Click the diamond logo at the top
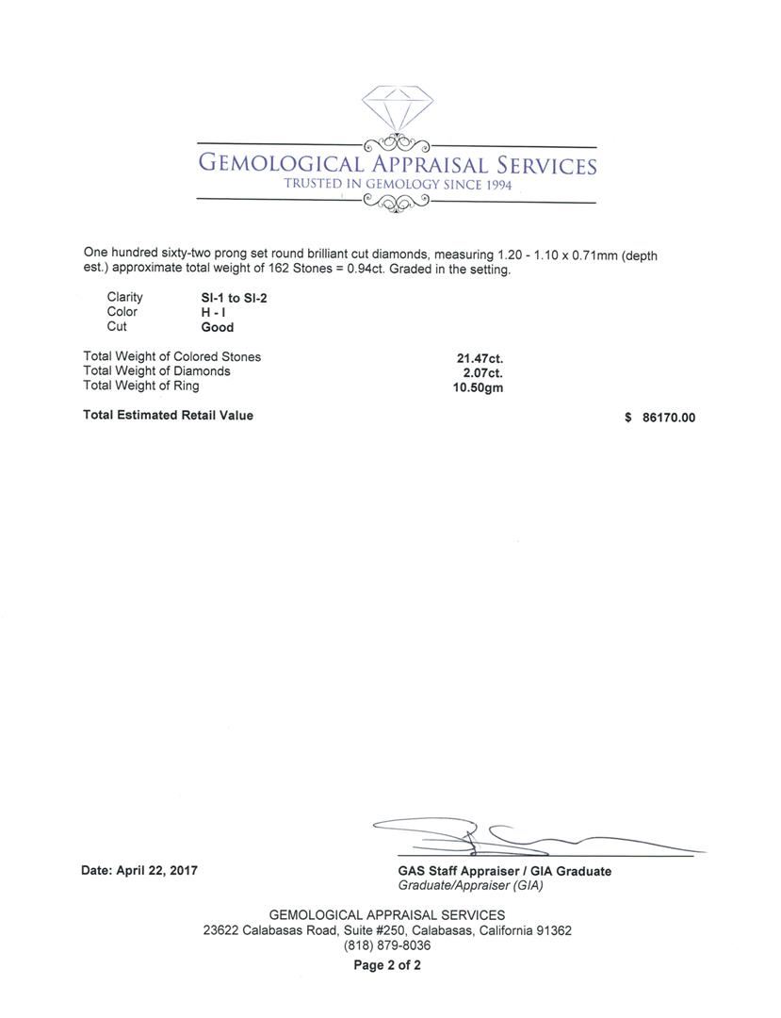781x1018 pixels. (x=396, y=110)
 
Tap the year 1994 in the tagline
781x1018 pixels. (x=498, y=186)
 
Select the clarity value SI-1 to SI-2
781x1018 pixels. (x=227, y=298)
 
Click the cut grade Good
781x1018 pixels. (x=217, y=327)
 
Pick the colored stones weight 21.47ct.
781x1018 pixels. (x=480, y=358)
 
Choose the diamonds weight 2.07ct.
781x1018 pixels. (x=483, y=372)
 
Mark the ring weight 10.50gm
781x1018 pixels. (x=479, y=387)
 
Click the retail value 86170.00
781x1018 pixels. (x=669, y=418)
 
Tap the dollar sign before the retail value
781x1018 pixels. (x=628, y=418)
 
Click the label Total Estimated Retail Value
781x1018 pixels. (x=168, y=415)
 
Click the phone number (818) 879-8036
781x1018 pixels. (x=387, y=945)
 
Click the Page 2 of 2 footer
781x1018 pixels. (x=387, y=965)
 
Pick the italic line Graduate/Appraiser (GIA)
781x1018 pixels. (x=471, y=886)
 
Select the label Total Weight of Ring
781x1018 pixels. (x=141, y=386)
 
